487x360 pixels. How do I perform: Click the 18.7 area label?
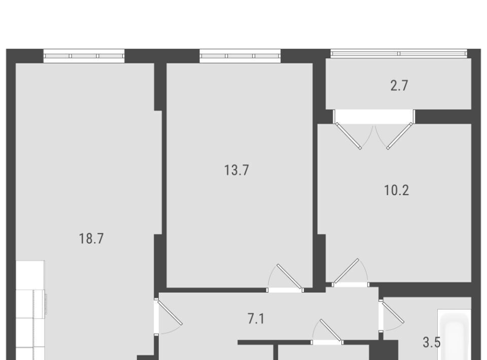91,239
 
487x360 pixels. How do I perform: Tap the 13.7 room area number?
237,170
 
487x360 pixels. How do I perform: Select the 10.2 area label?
397,190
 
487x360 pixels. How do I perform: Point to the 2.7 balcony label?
399,85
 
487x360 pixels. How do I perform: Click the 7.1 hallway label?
256,319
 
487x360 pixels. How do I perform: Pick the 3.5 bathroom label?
432,342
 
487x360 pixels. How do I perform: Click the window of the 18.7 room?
84,56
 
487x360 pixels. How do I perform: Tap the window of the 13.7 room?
240,56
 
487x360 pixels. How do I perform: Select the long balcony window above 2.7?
399,53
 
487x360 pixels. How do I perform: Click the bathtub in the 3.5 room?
455,335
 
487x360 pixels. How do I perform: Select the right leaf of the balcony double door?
400,135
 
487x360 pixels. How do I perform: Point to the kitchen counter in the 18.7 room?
30,310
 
